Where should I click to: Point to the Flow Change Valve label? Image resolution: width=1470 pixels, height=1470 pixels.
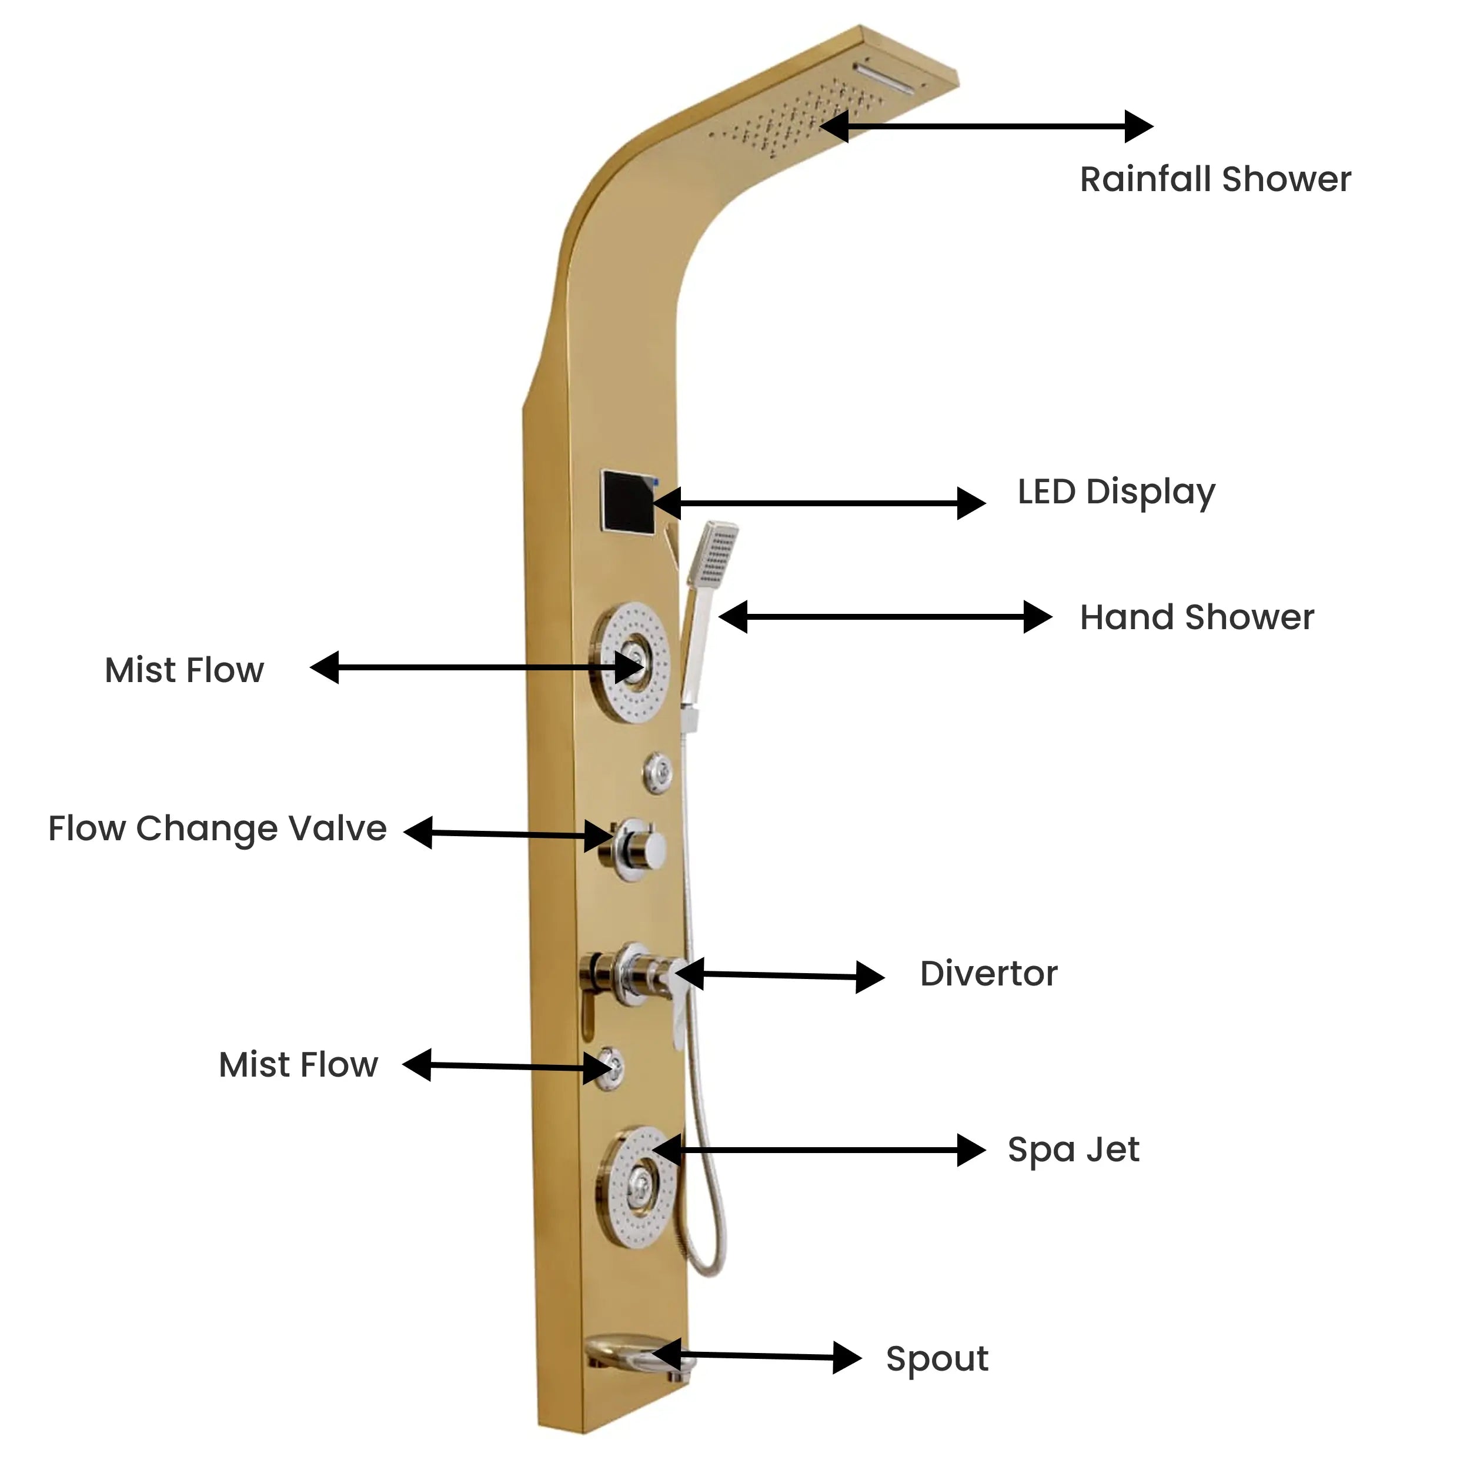point(218,828)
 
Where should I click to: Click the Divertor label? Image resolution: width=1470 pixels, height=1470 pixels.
point(988,974)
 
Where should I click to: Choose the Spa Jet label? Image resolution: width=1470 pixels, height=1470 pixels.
point(1074,1150)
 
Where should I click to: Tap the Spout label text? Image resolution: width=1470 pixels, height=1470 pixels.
point(937,1359)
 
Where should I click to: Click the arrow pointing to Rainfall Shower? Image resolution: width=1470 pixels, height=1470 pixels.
point(986,126)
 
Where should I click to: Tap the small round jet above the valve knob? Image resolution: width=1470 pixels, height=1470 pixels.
point(658,773)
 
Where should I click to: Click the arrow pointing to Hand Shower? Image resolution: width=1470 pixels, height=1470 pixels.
point(885,617)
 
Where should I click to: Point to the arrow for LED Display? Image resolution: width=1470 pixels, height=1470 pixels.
point(818,503)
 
